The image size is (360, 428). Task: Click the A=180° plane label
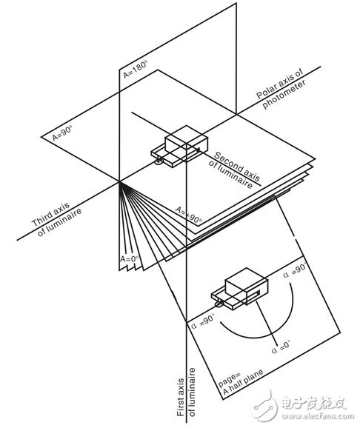135,70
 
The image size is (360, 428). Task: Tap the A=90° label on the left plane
62,133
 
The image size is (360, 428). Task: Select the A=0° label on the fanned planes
130,258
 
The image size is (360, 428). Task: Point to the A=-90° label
189,215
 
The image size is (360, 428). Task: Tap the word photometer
283,95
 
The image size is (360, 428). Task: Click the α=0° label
281,347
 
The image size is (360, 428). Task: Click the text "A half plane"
242,382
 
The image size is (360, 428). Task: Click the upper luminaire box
180,147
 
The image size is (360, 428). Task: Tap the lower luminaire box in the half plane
239,289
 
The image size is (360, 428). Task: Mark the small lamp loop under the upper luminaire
159,162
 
